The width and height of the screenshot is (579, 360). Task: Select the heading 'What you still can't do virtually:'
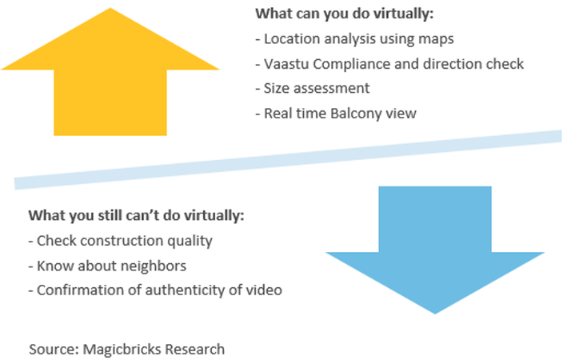coord(135,216)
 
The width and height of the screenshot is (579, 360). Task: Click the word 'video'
coord(265,290)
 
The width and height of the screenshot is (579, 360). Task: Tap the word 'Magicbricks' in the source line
coord(122,349)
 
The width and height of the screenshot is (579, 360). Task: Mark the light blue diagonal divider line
coord(288,160)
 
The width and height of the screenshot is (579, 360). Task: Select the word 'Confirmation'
coord(78,290)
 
